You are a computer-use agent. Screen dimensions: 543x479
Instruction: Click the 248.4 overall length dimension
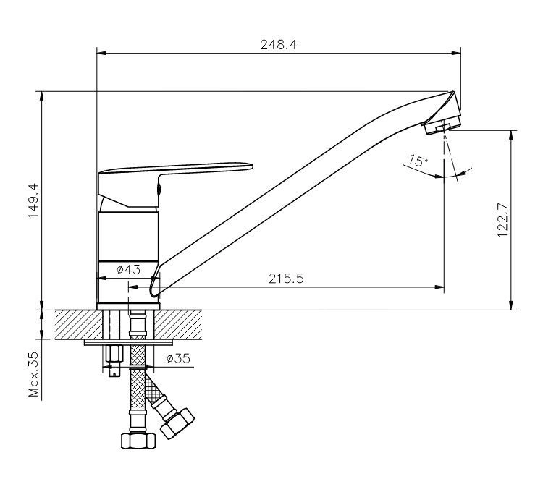click(279, 45)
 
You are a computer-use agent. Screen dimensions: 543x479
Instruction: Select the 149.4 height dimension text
click(33, 200)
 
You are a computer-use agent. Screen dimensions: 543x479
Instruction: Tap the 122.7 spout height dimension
click(502, 220)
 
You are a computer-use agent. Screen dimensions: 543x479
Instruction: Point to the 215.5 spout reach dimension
click(286, 279)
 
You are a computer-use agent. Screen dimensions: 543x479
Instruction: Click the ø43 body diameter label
click(128, 269)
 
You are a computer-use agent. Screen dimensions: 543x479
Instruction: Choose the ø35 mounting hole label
click(178, 359)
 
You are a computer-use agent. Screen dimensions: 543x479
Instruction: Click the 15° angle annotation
click(418, 161)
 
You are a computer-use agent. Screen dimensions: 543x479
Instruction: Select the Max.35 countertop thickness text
click(34, 375)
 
